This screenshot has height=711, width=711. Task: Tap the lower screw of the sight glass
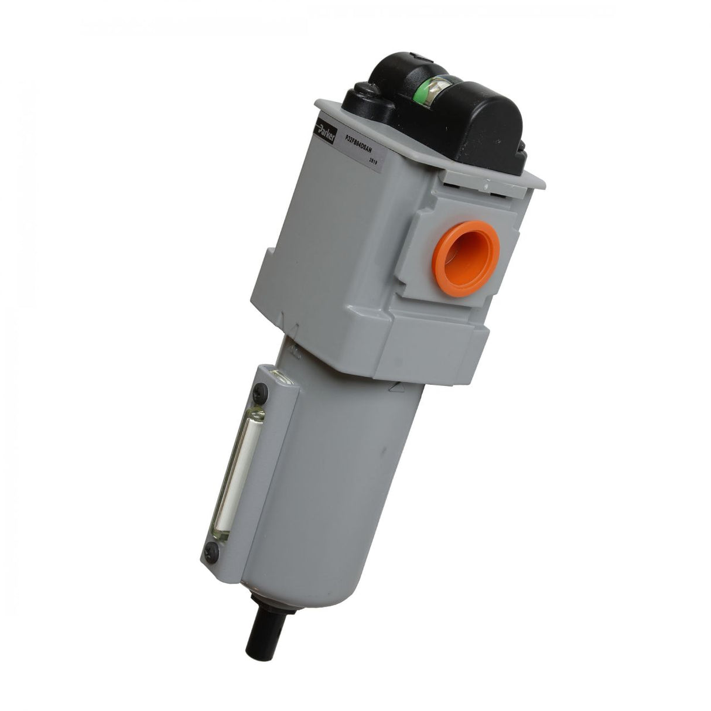(x=215, y=549)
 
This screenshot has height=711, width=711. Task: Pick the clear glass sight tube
(x=240, y=469)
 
